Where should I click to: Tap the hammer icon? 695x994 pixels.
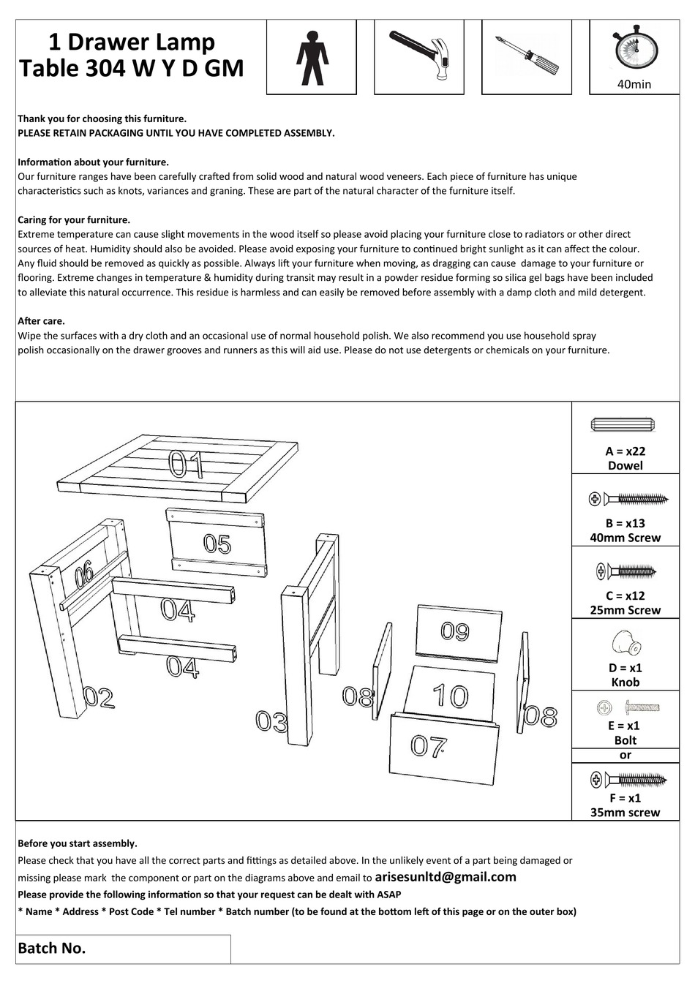tap(418, 55)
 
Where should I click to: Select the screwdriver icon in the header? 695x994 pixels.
tap(526, 56)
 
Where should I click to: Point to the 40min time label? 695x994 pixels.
tap(634, 84)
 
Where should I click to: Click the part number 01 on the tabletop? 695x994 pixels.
tap(187, 464)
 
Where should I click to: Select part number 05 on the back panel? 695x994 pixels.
tap(217, 543)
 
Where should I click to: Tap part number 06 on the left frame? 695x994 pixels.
tap(84, 572)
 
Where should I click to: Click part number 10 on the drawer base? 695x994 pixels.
tap(449, 696)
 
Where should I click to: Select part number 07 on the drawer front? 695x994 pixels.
tap(429, 746)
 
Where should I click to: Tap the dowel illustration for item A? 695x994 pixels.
tap(624, 426)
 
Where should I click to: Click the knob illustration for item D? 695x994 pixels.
tap(625, 643)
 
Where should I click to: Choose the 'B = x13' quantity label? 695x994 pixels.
tap(625, 524)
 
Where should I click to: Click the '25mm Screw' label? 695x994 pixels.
tap(625, 610)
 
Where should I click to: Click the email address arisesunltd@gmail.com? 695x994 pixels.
tap(445, 877)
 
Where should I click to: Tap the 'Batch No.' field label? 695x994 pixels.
tap(52, 949)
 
